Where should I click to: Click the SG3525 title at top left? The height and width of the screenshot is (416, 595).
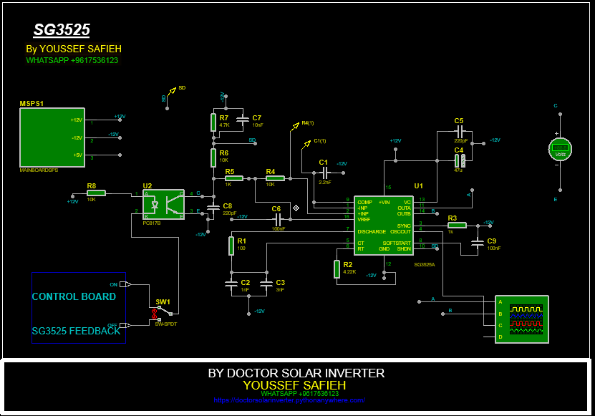pyautogui.click(x=62, y=30)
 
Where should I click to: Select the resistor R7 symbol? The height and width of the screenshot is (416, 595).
pyautogui.click(x=213, y=122)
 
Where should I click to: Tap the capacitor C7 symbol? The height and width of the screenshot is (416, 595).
pyautogui.click(x=241, y=119)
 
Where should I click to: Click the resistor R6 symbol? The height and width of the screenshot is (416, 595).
pyautogui.click(x=213, y=157)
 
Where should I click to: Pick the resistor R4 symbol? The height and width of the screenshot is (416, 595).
pyautogui.click(x=275, y=178)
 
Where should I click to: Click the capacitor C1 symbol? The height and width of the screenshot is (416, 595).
pyautogui.click(x=324, y=173)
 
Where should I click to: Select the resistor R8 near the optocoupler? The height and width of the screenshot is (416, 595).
pyautogui.click(x=96, y=193)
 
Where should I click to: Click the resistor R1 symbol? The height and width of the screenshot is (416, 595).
pyautogui.click(x=232, y=246)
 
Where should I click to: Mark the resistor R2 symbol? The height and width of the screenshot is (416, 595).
pyautogui.click(x=337, y=269)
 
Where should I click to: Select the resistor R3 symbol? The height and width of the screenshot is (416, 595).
pyautogui.click(x=457, y=225)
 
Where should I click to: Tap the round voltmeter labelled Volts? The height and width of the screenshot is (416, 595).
pyautogui.click(x=558, y=148)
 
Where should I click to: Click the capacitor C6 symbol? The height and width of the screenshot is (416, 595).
pyautogui.click(x=276, y=218)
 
